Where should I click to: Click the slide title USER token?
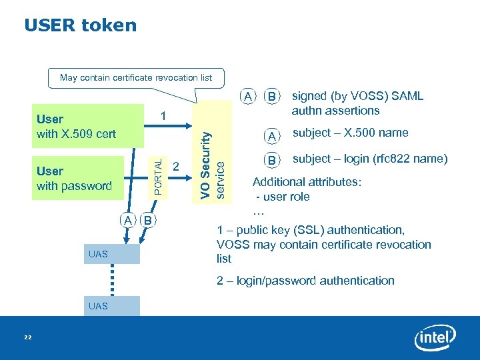pyautogui.click(x=80, y=25)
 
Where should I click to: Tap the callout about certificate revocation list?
pyautogui.click(x=136, y=78)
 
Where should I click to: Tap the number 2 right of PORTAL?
pyautogui.click(x=176, y=165)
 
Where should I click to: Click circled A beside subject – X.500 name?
pyautogui.click(x=271, y=136)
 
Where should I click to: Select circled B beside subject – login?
pyautogui.click(x=271, y=160)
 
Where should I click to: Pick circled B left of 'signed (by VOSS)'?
pyautogui.click(x=271, y=97)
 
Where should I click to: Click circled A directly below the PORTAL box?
pyautogui.click(x=127, y=221)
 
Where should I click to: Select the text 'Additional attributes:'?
pyautogui.click(x=307, y=182)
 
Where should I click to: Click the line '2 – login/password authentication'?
pyautogui.click(x=305, y=281)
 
